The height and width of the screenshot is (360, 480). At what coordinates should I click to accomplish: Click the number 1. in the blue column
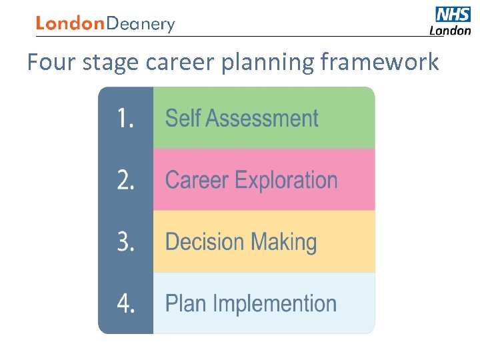click(126, 119)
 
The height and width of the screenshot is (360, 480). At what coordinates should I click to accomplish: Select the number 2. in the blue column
click(126, 180)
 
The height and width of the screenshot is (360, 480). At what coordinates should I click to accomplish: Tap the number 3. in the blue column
click(126, 242)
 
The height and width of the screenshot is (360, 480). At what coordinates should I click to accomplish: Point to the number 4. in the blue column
click(126, 303)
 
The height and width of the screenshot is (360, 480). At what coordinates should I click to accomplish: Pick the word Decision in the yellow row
click(203, 242)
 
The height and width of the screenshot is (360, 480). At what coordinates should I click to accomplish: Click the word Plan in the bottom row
click(185, 304)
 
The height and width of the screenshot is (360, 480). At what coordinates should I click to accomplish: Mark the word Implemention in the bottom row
click(274, 305)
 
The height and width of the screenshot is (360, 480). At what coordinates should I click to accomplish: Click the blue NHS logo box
click(453, 14)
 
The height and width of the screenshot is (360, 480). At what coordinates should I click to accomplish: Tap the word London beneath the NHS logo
click(449, 31)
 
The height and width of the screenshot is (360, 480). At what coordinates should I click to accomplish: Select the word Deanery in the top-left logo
click(141, 25)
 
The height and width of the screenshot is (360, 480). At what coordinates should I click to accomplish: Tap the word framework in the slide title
click(379, 62)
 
